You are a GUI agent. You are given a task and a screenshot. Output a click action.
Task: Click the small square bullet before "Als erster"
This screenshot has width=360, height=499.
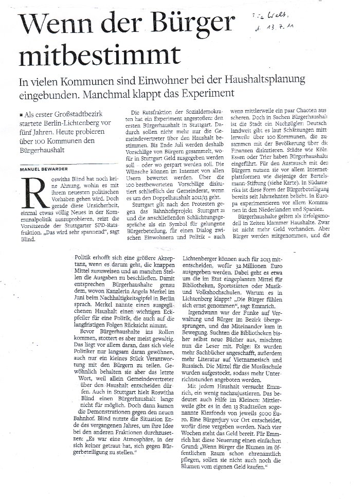20,113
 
